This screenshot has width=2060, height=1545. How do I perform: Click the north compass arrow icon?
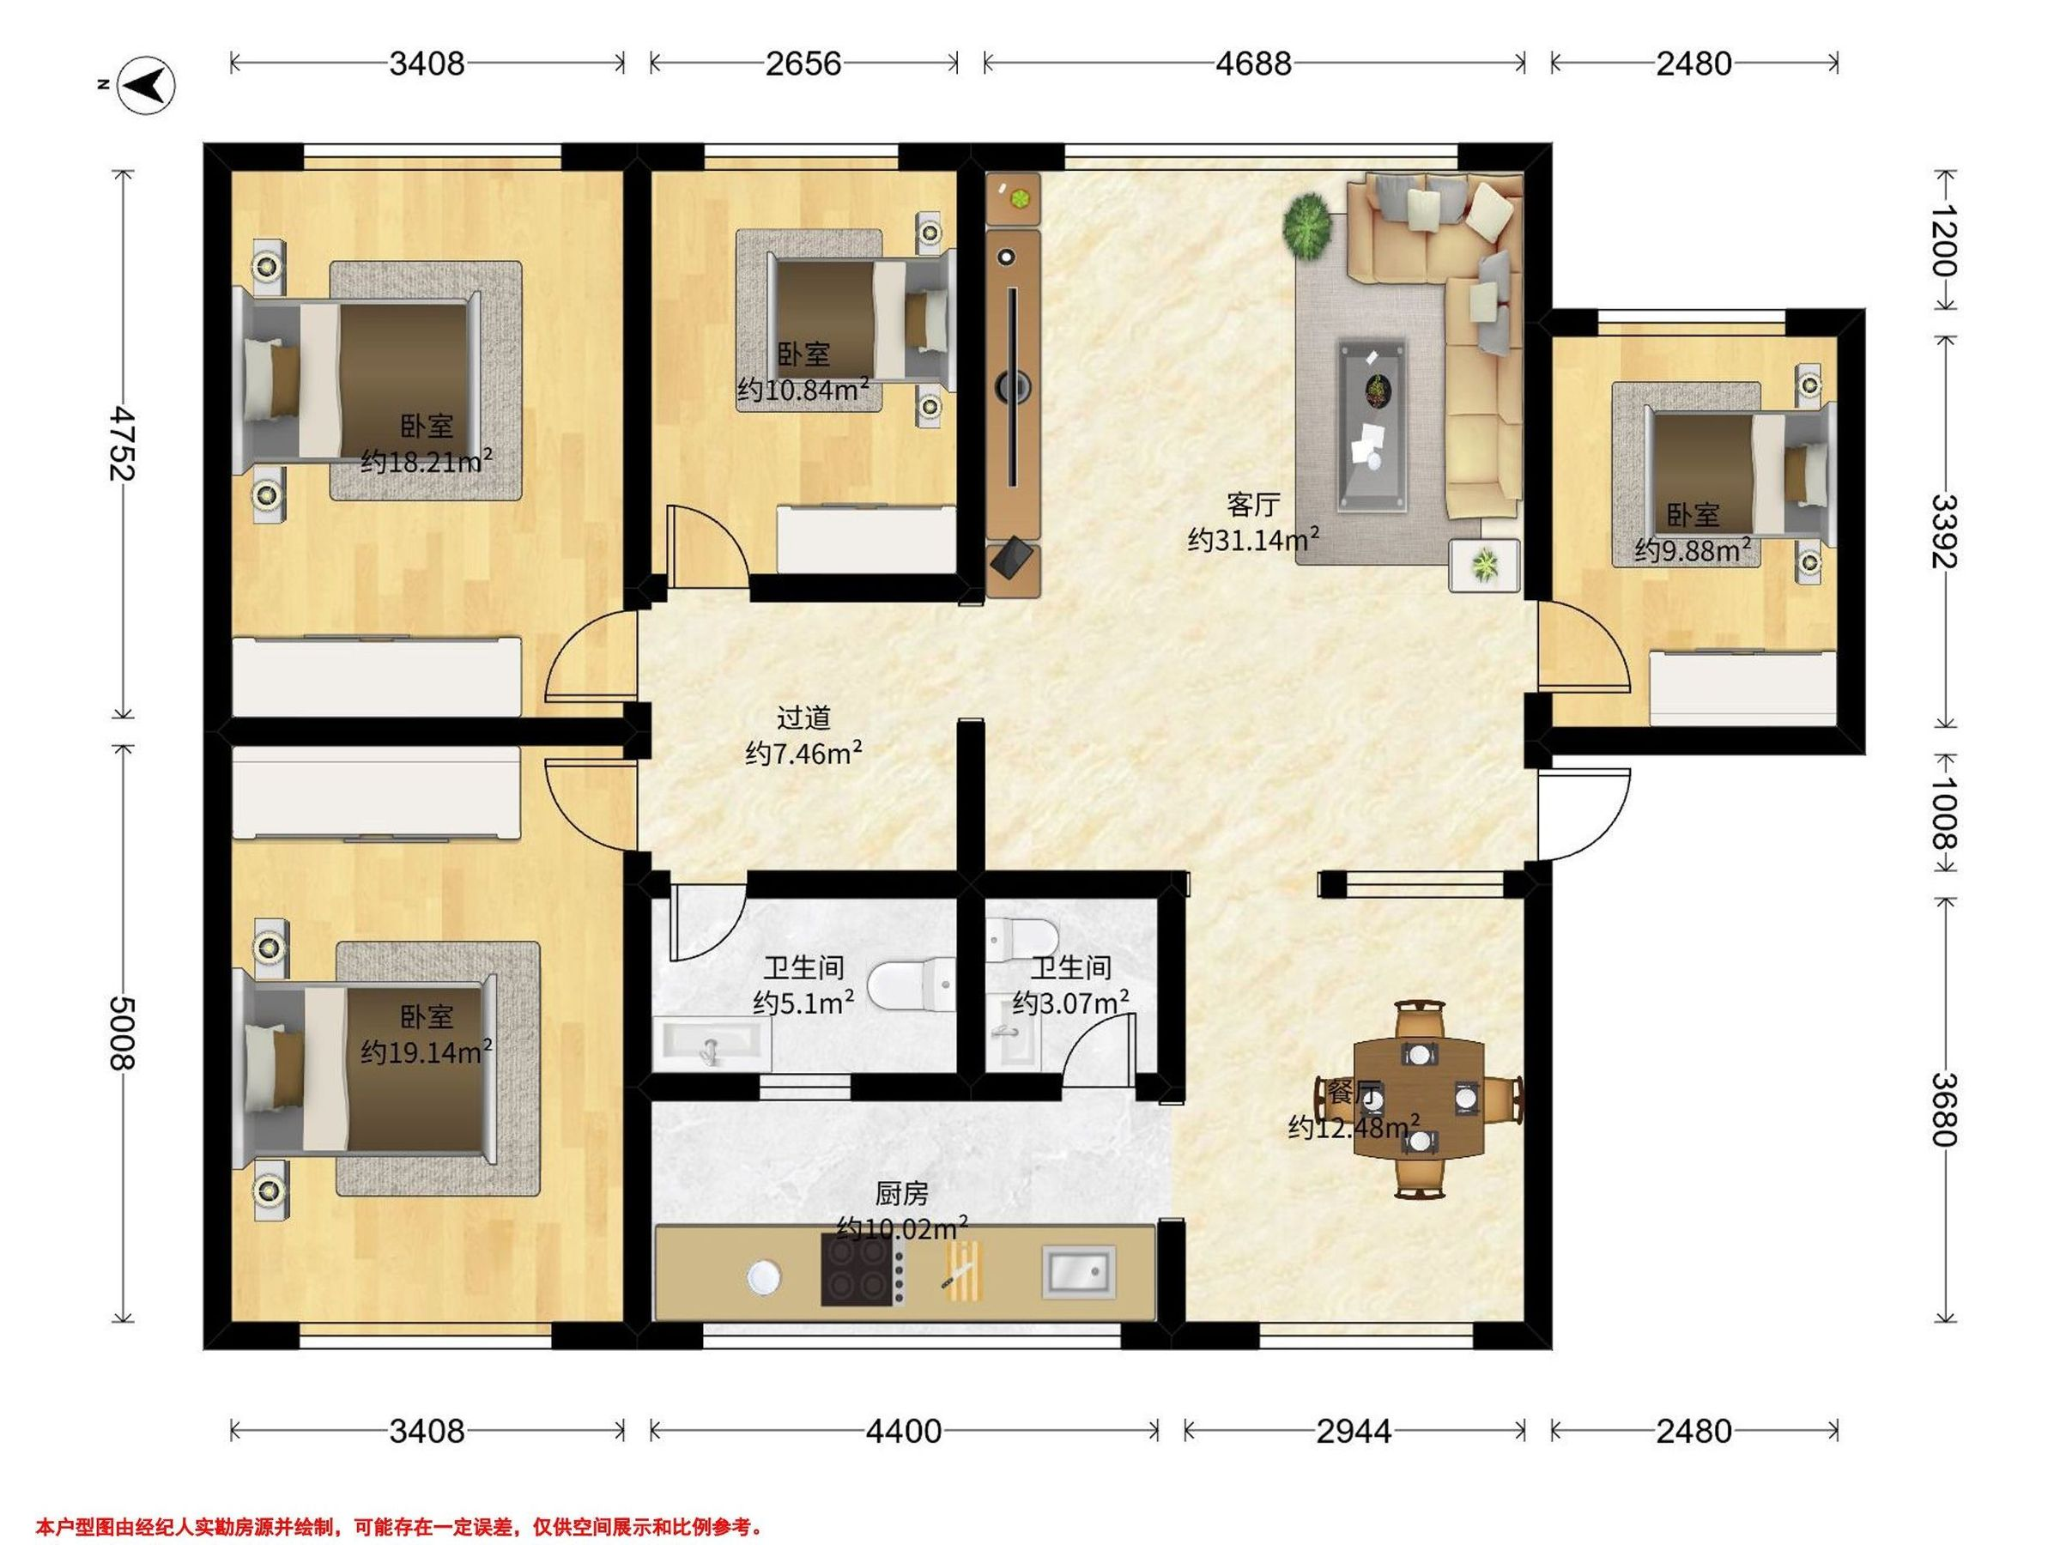150,85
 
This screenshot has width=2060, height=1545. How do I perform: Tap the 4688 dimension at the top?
1253,64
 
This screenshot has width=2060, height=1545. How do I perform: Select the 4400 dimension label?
903,1431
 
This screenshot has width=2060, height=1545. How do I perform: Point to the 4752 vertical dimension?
120,442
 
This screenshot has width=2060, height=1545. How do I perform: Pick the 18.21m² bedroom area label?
427,461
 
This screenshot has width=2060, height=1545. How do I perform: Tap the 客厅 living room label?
1252,504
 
